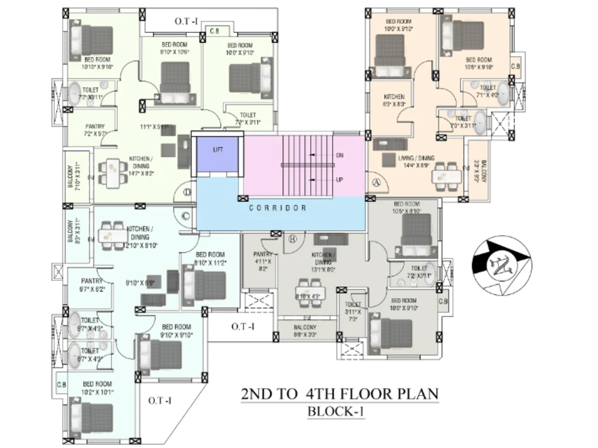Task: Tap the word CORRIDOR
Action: click(x=277, y=208)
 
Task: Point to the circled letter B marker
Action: click(x=293, y=240)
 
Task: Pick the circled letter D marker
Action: click(x=187, y=192)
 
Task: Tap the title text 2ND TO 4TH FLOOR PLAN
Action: click(x=339, y=394)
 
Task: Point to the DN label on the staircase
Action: click(x=340, y=155)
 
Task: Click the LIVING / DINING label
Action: click(x=416, y=161)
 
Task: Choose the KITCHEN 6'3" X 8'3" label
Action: click(x=394, y=100)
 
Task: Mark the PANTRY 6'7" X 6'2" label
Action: click(x=93, y=284)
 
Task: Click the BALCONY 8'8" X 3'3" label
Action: click(x=305, y=331)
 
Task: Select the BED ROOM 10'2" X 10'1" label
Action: click(x=97, y=388)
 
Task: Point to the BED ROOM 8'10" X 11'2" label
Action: click(x=210, y=257)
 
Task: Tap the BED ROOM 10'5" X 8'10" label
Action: click(x=407, y=207)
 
